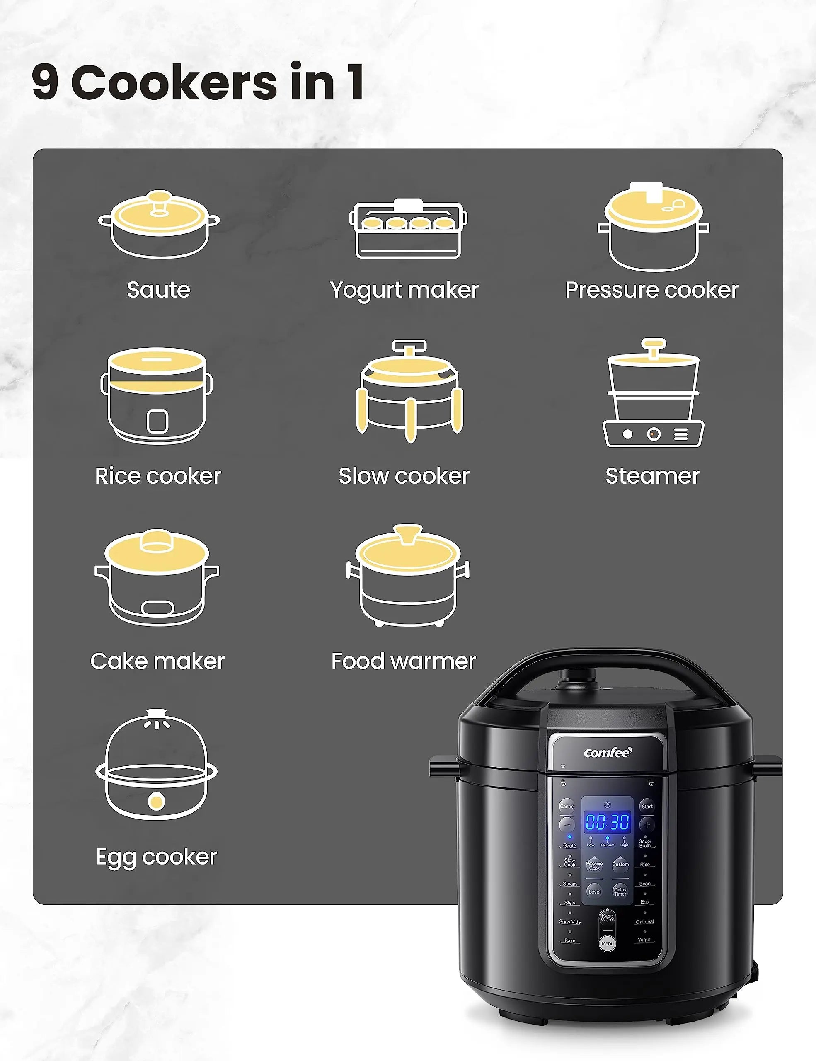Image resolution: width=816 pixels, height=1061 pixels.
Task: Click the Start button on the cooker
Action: coord(647,806)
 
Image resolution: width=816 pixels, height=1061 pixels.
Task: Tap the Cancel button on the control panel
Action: coord(567,806)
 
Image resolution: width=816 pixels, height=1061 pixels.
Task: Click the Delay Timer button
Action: coord(620,891)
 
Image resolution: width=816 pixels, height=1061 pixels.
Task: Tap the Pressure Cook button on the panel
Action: coord(595,866)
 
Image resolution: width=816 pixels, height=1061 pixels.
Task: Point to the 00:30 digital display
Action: coord(608,822)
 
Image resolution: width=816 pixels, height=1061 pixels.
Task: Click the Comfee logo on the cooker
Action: coord(608,753)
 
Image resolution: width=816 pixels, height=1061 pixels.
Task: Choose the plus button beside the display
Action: coord(647,825)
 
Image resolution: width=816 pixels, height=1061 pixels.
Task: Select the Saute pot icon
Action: coord(159,225)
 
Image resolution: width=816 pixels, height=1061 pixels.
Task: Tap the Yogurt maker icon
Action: coord(408,229)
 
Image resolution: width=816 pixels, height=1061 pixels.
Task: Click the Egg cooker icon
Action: coord(156,765)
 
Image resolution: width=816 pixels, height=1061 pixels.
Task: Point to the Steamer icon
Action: coord(653,393)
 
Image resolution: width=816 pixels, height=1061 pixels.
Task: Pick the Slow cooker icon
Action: coord(409,392)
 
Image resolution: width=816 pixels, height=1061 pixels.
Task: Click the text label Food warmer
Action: coord(404,661)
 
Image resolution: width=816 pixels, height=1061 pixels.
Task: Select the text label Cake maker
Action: coord(157,661)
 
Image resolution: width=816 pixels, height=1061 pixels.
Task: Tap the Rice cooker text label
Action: coord(158,476)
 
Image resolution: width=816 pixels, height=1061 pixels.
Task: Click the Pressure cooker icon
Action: coord(653,227)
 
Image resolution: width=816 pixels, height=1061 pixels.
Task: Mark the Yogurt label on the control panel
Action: coord(644,940)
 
